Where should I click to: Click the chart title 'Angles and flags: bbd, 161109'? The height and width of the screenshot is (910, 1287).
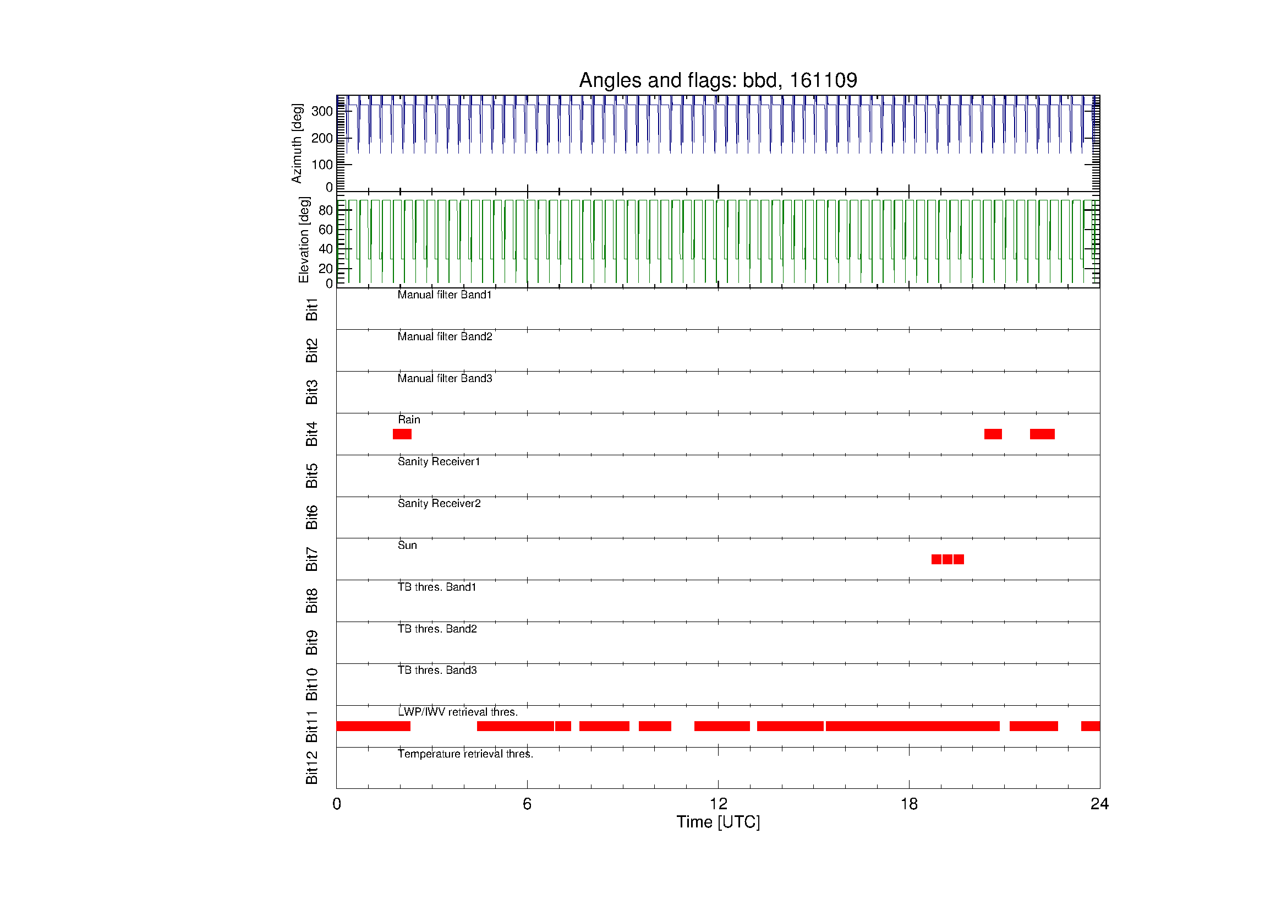point(718,81)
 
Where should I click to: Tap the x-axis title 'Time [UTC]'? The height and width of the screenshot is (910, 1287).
point(718,822)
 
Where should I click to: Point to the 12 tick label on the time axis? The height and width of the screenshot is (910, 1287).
point(718,804)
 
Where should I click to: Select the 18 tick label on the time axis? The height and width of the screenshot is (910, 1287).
point(909,804)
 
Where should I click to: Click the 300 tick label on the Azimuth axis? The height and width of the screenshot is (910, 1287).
point(322,111)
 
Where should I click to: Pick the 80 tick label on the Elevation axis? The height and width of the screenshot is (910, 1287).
point(326,210)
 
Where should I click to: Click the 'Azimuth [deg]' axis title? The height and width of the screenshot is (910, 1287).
point(297,144)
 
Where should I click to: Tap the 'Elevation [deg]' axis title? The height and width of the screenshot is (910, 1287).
point(304,239)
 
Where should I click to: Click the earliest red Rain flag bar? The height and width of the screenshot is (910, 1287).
point(402,434)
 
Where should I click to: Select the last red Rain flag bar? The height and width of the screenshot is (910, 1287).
point(1042,434)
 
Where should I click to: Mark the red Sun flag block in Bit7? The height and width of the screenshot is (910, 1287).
point(948,559)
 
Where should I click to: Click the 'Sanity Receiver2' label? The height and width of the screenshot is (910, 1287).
point(439,504)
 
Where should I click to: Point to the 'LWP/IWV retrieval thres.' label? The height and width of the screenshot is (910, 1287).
point(458,712)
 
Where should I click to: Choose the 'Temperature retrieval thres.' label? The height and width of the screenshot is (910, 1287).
point(465,754)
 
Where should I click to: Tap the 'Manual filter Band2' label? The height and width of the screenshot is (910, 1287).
point(445,336)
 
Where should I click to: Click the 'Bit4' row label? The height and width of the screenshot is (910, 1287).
point(311,434)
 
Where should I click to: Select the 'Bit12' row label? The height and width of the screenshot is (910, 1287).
point(311,767)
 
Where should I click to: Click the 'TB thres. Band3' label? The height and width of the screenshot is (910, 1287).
point(437,670)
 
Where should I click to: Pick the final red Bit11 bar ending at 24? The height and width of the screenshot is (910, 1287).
point(1090,726)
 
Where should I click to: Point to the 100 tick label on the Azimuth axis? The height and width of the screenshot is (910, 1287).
point(322,165)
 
